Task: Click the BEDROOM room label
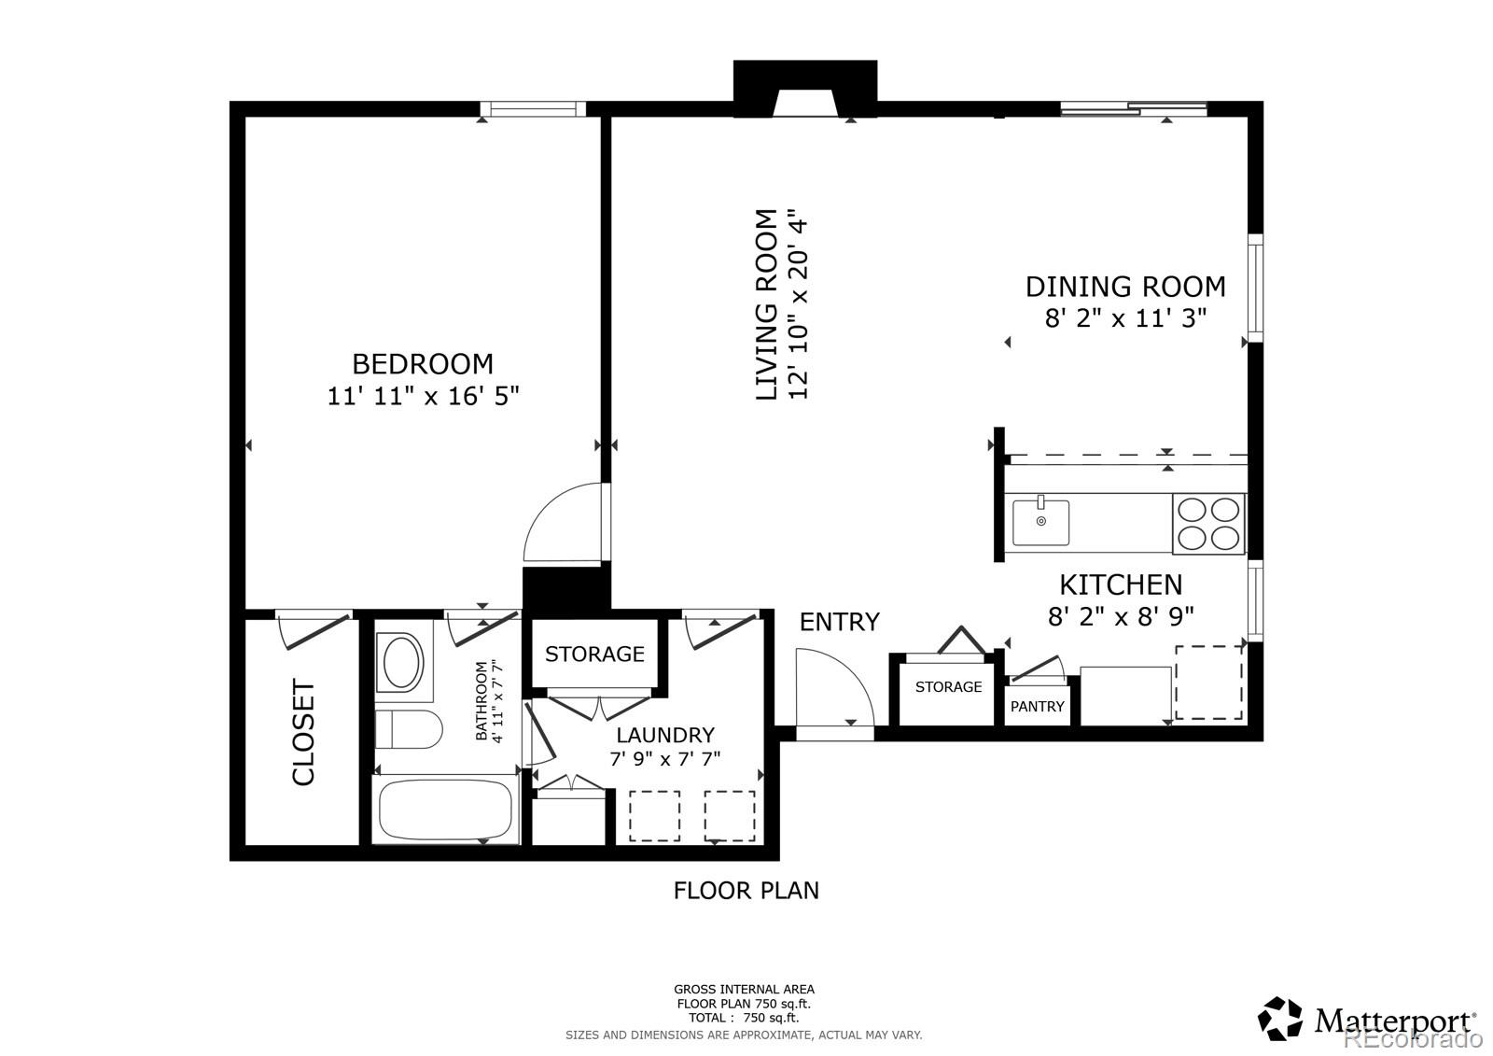tap(422, 363)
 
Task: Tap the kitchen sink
tap(1041, 522)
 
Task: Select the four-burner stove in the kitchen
tap(1209, 523)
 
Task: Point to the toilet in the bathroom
tap(407, 729)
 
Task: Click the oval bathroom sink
tap(402, 662)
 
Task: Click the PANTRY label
tap(1037, 707)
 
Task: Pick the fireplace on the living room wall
tap(805, 90)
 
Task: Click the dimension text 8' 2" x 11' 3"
tap(1125, 318)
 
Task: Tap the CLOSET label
tap(304, 733)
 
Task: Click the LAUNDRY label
tap(665, 735)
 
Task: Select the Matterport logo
tap(1368, 1019)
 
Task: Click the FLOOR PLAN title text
tap(746, 891)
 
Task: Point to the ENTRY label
tap(839, 622)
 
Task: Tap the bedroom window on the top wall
tap(533, 109)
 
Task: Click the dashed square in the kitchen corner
tap(1208, 682)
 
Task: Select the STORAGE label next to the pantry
tap(948, 687)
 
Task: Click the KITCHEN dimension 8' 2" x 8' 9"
tap(1121, 616)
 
